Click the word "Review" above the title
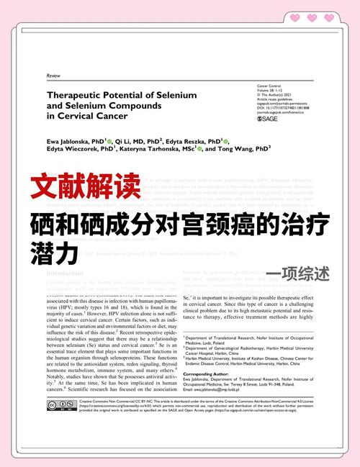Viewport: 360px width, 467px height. point(53,76)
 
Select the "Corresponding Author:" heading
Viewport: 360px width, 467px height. point(207,374)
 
